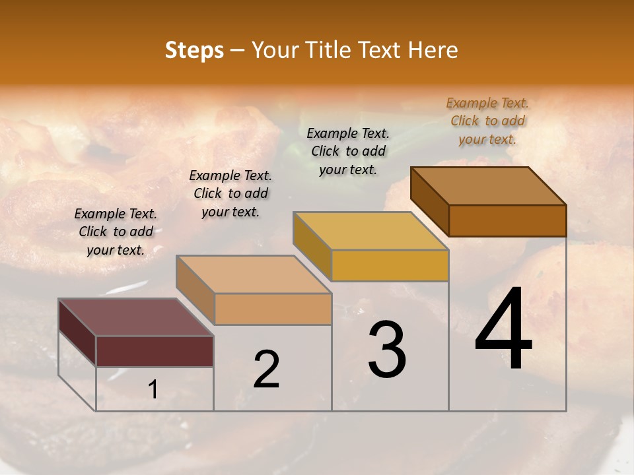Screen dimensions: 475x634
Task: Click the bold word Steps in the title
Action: [194, 50]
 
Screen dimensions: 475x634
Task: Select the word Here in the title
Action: [432, 50]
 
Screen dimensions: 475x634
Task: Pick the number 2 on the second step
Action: [266, 369]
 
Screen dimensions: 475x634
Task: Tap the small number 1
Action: [153, 390]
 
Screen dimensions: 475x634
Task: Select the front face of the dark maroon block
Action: [155, 351]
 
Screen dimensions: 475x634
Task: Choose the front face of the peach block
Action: [273, 309]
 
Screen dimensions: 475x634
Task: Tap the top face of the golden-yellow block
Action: [370, 231]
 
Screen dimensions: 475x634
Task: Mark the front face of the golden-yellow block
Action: [390, 265]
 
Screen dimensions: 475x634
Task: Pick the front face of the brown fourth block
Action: [507, 220]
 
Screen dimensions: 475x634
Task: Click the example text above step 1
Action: [116, 232]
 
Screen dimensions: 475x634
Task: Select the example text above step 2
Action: [230, 193]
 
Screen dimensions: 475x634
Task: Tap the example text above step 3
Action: [348, 151]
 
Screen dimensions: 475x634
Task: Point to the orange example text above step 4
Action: [487, 121]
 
